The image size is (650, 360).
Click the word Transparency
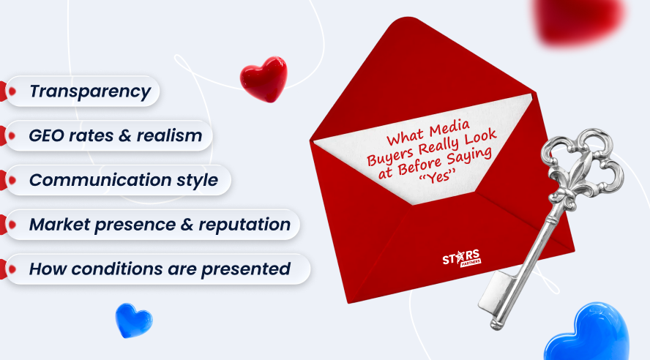coord(89,91)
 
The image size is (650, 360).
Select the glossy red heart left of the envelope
coord(264,78)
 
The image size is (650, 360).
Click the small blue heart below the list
coord(134,320)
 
